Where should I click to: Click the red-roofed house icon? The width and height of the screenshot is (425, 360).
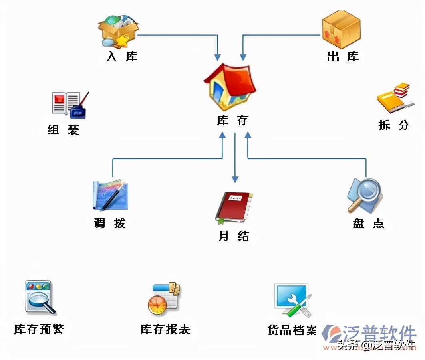[x=230, y=86]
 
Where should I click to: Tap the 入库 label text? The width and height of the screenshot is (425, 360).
[x=122, y=57]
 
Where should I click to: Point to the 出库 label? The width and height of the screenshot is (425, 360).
[x=343, y=57]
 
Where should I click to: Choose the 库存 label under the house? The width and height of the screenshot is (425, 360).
[x=233, y=120]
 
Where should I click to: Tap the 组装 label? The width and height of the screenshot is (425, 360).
[x=64, y=130]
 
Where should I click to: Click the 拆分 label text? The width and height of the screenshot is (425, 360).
[x=394, y=125]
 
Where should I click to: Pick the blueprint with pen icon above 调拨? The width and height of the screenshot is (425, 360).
[x=110, y=196]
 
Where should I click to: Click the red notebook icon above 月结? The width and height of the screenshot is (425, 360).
[x=234, y=207]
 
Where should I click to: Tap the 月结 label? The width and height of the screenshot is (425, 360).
[x=234, y=236]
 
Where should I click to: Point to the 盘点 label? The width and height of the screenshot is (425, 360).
[x=368, y=223]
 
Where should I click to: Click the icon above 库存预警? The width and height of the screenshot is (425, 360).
[x=40, y=297]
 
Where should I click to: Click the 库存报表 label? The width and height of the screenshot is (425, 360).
[x=165, y=330]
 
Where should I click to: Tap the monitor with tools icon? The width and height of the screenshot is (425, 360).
[x=292, y=300]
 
